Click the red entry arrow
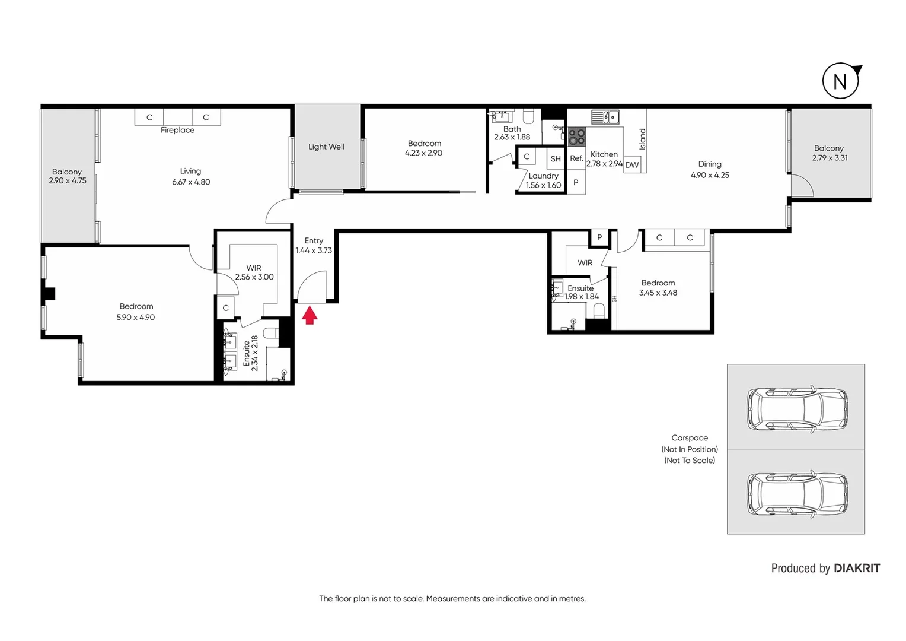(310, 315)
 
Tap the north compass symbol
(841, 81)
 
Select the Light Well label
(326, 147)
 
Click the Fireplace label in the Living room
(177, 130)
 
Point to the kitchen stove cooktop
(576, 137)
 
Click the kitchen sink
(605, 117)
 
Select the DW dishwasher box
(632, 165)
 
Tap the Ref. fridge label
(576, 158)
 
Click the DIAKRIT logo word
(857, 568)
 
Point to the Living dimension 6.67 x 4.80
(191, 182)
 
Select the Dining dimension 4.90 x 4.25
(710, 175)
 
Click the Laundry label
(543, 176)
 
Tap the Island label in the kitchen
(642, 139)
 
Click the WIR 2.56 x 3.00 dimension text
(254, 277)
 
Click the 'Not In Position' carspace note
(690, 449)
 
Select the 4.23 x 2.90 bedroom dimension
(423, 153)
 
